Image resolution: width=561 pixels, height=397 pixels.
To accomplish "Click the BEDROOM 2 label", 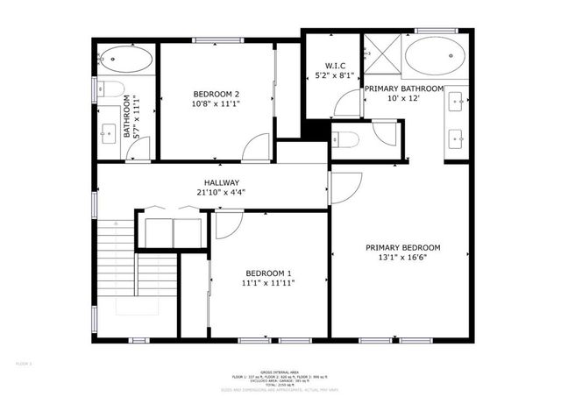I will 216,93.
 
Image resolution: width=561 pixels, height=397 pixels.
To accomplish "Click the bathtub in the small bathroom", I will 125,60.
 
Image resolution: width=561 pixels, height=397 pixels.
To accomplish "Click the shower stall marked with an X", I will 381,53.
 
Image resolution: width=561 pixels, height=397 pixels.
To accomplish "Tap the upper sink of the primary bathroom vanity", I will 457,103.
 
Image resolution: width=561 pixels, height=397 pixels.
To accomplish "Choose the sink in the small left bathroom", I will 109,134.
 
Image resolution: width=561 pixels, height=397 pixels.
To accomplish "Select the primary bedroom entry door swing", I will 344,186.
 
